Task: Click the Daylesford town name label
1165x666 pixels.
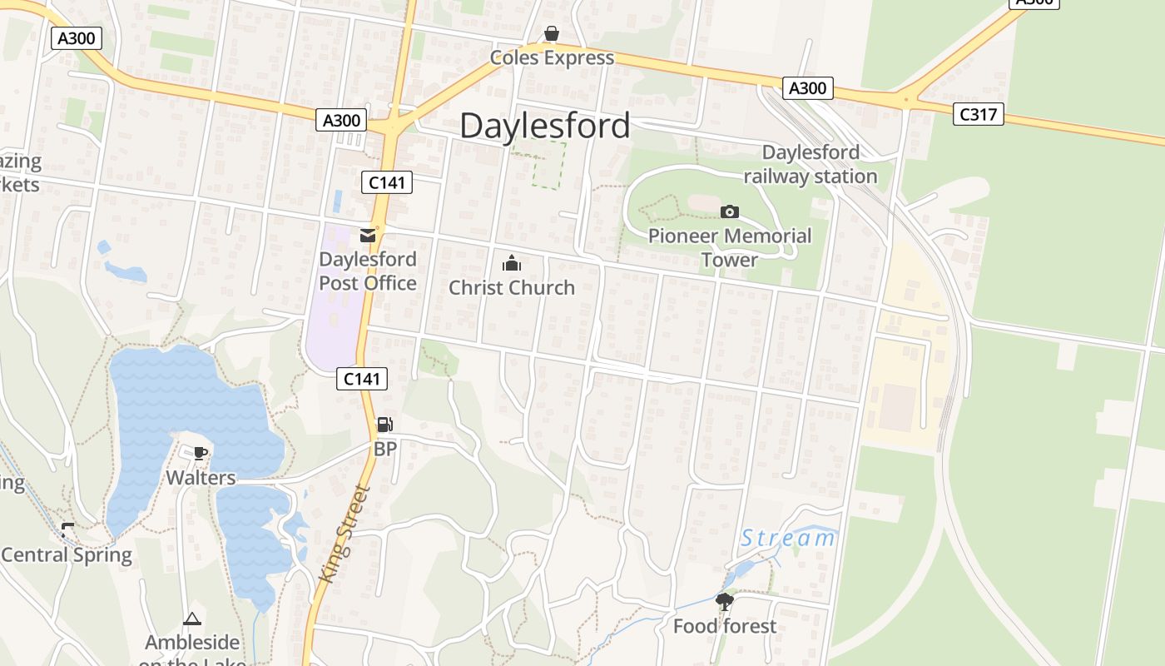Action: [x=544, y=126]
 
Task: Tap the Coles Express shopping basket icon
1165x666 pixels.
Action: [x=551, y=33]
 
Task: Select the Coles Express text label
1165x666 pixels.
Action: [x=551, y=57]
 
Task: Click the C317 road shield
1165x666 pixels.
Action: [x=978, y=114]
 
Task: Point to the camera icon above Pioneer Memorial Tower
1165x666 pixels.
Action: [x=729, y=211]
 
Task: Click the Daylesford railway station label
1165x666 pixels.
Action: [x=810, y=164]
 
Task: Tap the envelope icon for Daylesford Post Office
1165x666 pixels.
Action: [x=368, y=236]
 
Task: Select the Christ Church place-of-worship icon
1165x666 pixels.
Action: [x=511, y=264]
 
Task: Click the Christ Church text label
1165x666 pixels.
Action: [x=511, y=287]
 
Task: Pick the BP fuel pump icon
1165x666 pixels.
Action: [x=384, y=425]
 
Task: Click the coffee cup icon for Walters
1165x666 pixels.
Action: [x=200, y=453]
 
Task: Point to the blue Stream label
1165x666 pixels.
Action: [x=787, y=538]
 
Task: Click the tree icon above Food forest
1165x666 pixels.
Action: [x=724, y=601]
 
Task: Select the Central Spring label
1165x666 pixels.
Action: [x=67, y=554]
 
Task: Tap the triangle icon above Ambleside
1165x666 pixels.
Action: [x=192, y=619]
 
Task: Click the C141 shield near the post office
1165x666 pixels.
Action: [x=387, y=182]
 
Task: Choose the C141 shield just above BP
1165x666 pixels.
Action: [x=363, y=379]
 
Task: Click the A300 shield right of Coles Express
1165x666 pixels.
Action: [x=806, y=88]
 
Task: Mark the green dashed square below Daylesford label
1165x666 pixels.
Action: [x=538, y=165]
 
